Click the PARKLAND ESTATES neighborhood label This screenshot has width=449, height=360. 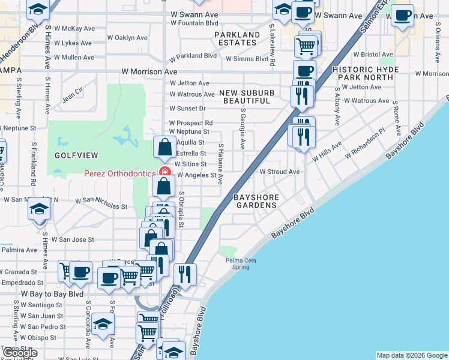(238, 39)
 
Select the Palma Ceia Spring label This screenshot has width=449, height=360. (238, 263)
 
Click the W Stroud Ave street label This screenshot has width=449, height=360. (279, 172)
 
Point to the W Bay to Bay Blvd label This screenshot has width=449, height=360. (52, 295)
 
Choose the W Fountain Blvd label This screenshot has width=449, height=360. (194, 23)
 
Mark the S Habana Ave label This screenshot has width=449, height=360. (220, 164)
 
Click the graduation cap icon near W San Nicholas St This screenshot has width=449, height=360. (40, 208)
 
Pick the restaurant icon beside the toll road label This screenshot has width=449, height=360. (185, 274)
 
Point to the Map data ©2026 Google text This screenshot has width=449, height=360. (412, 355)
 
